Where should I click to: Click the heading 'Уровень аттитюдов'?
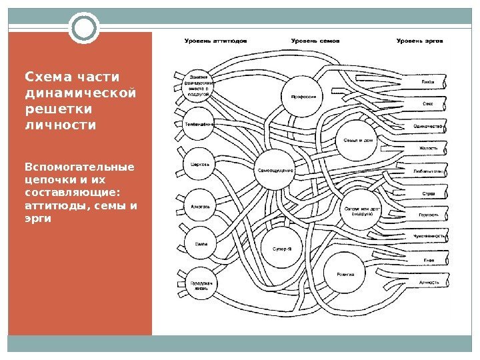(215, 41)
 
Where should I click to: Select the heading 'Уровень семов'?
(315, 41)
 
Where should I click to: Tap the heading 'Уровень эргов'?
(419, 41)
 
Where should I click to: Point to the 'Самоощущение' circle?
(276, 170)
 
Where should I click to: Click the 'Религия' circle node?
(345, 274)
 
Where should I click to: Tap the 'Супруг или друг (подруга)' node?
(362, 211)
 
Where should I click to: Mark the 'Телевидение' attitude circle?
(199, 125)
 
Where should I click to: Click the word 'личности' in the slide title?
(60, 125)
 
